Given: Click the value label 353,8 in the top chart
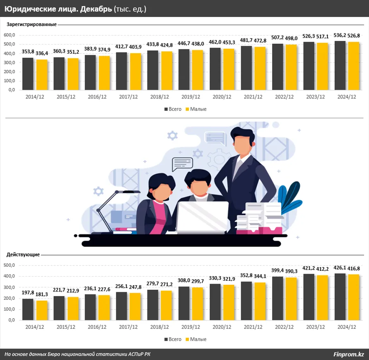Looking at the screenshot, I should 28,52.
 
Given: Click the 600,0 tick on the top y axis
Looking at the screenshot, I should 9,35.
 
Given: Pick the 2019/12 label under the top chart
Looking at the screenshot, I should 191,97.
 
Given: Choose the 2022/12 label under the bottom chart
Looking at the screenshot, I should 284,327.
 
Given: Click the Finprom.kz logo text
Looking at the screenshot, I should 348,354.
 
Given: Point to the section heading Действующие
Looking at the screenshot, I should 23,255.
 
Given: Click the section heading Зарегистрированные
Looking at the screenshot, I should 31,24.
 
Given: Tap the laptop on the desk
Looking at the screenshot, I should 202,217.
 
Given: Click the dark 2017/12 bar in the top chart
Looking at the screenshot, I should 122,71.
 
